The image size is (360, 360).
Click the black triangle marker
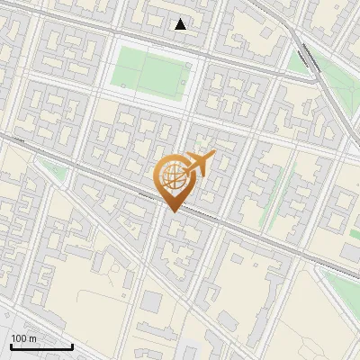pyautogui.click(x=181, y=24)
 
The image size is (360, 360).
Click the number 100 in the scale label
pyautogui.click(x=19, y=338)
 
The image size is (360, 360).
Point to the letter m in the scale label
pyautogui.click(x=32, y=338)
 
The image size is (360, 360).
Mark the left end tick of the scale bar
pyautogui.click(x=10, y=346)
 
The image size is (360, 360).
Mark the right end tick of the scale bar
pyautogui.click(x=72, y=346)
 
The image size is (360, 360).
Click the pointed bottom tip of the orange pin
pyautogui.click(x=172, y=211)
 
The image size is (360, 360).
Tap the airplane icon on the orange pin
pyautogui.click(x=200, y=164)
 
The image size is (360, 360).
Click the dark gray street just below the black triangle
pyautogui.click(x=180, y=39)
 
